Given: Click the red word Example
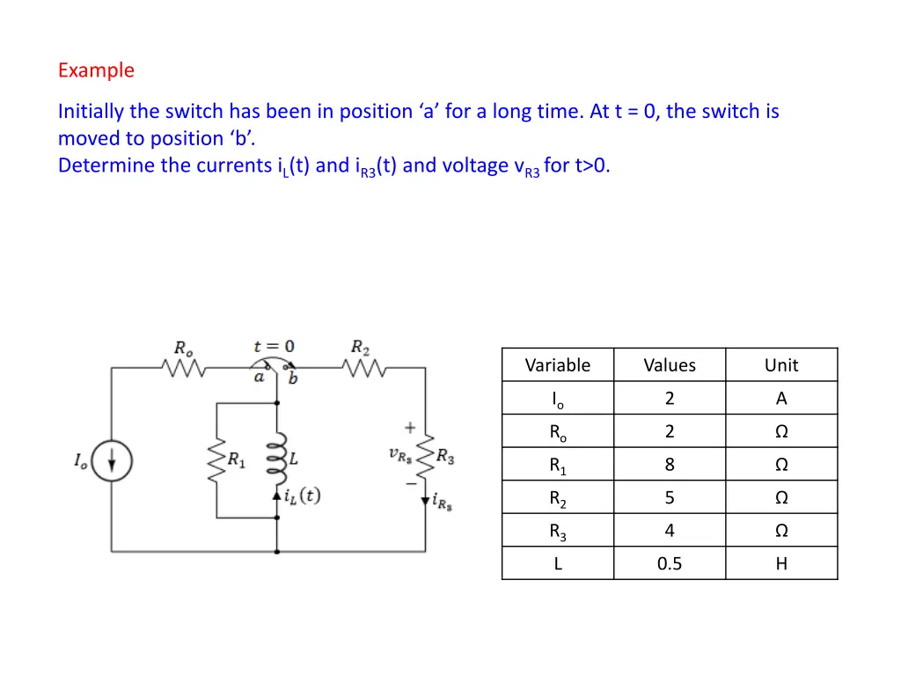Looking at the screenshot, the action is pos(96,70).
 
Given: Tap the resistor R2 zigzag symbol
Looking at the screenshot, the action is pos(363,369).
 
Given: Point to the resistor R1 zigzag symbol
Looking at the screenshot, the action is pos(216,459).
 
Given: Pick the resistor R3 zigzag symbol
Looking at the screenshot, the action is pos(427,459).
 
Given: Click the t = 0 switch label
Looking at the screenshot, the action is pos(274,346).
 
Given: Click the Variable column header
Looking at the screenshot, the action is pos(557,365).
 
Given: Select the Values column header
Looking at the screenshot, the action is pos(670,365).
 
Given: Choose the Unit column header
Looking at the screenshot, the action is pos(781,365).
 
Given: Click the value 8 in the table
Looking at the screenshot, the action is pos(670,465).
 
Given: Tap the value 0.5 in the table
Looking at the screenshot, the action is pos(670,563).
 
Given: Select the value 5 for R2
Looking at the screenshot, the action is pos(670,497).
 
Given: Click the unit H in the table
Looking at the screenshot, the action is pos(781,563).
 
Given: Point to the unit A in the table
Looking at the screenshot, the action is pos(781,399).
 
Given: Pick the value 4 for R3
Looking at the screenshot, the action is pos(670,531).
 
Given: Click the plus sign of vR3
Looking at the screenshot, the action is pos(410,428).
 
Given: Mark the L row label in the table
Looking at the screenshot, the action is pos(558,563).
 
